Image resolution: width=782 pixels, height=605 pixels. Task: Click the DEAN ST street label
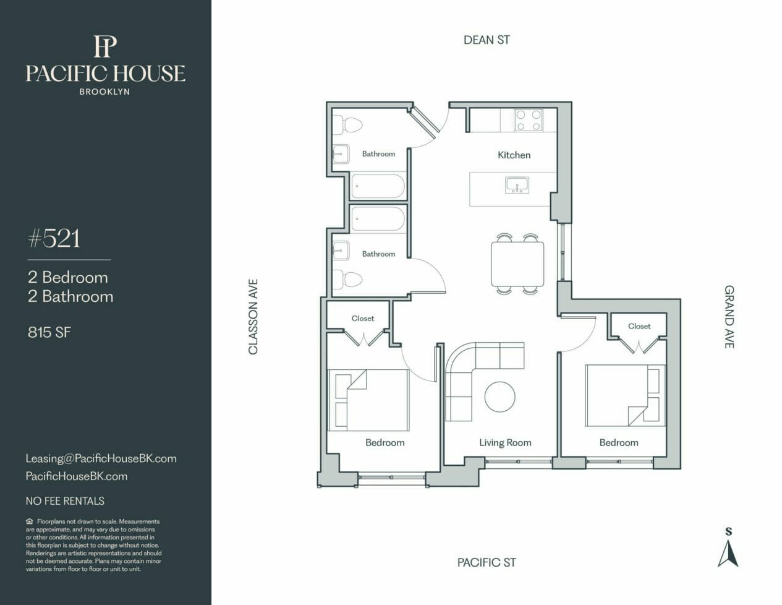(x=487, y=40)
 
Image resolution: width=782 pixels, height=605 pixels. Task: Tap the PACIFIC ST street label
(x=487, y=562)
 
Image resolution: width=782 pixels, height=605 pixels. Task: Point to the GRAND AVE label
(x=729, y=317)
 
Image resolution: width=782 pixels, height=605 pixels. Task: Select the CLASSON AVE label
(x=253, y=317)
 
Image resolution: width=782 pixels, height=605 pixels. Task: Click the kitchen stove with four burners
(x=529, y=120)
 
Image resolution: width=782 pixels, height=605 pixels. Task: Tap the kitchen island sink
(x=517, y=185)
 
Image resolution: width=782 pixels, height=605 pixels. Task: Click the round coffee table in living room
(x=500, y=397)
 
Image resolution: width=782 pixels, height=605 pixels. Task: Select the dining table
(x=517, y=264)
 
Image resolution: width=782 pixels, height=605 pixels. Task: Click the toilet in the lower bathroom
(x=347, y=280)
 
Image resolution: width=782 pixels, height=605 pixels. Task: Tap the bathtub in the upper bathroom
(x=378, y=186)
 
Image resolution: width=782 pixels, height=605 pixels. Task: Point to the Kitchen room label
(x=514, y=155)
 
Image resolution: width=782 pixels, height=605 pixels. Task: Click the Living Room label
(x=505, y=442)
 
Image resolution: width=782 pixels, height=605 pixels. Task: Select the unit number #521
(x=54, y=238)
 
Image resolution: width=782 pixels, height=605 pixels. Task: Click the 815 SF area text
(x=49, y=332)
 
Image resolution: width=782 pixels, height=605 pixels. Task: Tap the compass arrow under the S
(x=728, y=555)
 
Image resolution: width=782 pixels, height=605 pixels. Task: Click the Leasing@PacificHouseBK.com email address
(x=101, y=458)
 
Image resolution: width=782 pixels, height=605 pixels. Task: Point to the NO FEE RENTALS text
(x=65, y=501)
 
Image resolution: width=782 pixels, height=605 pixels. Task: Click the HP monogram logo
(x=105, y=46)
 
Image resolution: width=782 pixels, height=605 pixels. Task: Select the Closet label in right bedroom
(x=639, y=326)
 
